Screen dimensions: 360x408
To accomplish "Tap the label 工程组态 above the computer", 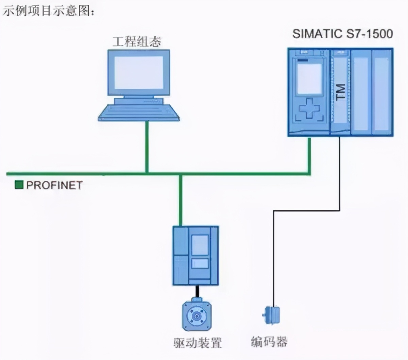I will (137, 42).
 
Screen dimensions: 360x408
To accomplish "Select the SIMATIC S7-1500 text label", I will (342, 34).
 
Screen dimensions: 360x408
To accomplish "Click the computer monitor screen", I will (138, 72).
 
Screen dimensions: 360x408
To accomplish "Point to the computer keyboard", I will (139, 113).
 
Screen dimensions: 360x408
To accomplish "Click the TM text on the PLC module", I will (340, 92).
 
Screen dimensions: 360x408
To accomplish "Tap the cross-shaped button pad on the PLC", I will (309, 108).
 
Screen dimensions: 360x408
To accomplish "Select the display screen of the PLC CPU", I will (309, 78).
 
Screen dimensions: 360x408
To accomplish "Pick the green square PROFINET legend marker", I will (19, 185).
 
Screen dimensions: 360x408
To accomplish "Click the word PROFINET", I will (54, 185).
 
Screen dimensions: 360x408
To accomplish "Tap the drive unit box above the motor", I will (195, 255).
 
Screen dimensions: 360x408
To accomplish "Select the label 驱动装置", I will (198, 342).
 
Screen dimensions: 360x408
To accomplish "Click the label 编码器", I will (269, 342).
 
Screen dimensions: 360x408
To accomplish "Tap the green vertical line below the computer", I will (147, 146).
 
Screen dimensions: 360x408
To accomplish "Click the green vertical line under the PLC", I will (309, 155).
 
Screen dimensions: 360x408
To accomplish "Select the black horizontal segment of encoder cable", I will (306, 211).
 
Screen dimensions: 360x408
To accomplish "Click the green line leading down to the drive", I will (181, 201).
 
